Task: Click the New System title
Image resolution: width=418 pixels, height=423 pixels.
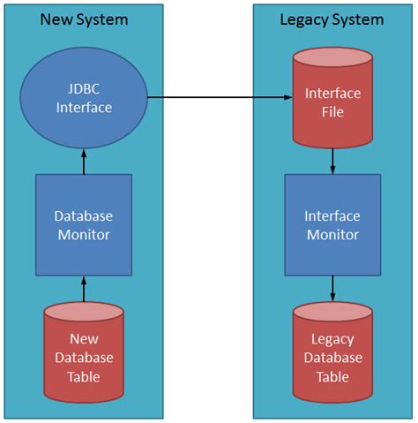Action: (x=84, y=19)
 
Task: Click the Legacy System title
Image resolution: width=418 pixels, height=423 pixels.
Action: (x=332, y=19)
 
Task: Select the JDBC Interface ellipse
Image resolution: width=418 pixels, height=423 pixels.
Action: (x=85, y=100)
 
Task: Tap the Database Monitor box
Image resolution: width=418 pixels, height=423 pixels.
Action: (x=84, y=224)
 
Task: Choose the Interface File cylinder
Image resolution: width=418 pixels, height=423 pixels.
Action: (x=332, y=100)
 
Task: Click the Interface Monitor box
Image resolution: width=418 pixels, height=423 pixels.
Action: (x=332, y=224)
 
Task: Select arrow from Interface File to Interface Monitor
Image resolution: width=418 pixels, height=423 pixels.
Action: (x=332, y=160)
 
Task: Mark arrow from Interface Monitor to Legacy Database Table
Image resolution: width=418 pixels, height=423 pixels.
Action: (x=332, y=288)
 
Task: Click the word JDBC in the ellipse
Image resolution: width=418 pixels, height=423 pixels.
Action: (x=85, y=90)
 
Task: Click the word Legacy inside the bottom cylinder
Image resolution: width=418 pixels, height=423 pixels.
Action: (x=332, y=339)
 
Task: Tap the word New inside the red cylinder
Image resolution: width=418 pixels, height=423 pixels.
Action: (x=85, y=338)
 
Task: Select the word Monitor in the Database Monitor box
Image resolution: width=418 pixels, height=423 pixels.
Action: (x=84, y=234)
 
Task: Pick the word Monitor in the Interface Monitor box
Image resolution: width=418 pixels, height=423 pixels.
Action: (x=332, y=234)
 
